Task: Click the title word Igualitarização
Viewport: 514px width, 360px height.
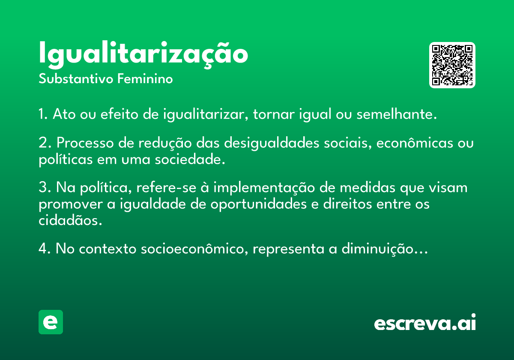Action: click(x=143, y=55)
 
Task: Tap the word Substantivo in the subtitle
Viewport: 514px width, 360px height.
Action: click(x=76, y=79)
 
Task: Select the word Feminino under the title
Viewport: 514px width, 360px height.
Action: click(x=145, y=78)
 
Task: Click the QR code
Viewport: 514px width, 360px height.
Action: click(x=452, y=65)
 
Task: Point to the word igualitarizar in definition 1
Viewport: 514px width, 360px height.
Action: click(x=206, y=114)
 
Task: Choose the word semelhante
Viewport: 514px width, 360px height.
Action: click(x=397, y=114)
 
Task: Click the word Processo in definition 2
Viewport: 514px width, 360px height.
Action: click(x=85, y=143)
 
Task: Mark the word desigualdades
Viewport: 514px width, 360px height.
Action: click(x=272, y=143)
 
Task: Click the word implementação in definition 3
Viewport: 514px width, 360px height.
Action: click(x=264, y=188)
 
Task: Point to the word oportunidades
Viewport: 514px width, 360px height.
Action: click(x=259, y=204)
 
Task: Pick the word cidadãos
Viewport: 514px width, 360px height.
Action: click(x=70, y=220)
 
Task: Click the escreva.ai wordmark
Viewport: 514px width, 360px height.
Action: click(x=425, y=322)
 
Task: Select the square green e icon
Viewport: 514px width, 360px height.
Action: click(x=51, y=322)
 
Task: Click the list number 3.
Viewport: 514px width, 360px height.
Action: click(x=43, y=187)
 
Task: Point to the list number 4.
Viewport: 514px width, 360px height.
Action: click(x=43, y=248)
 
